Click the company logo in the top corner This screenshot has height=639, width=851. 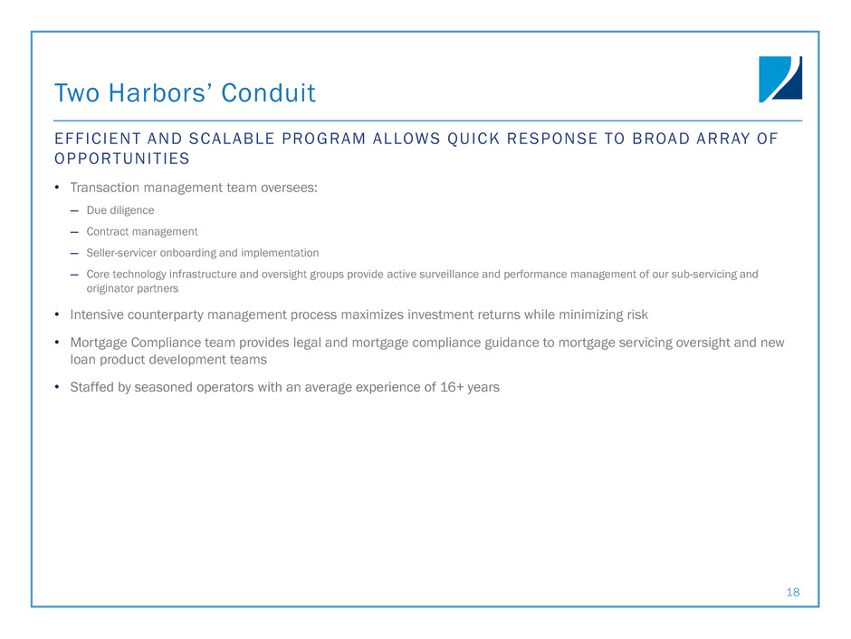[779, 79]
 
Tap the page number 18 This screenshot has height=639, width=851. [793, 592]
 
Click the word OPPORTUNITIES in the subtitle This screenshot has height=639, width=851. [122, 159]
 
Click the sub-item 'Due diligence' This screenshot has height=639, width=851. [120, 210]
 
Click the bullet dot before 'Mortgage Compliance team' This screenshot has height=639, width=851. [57, 343]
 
